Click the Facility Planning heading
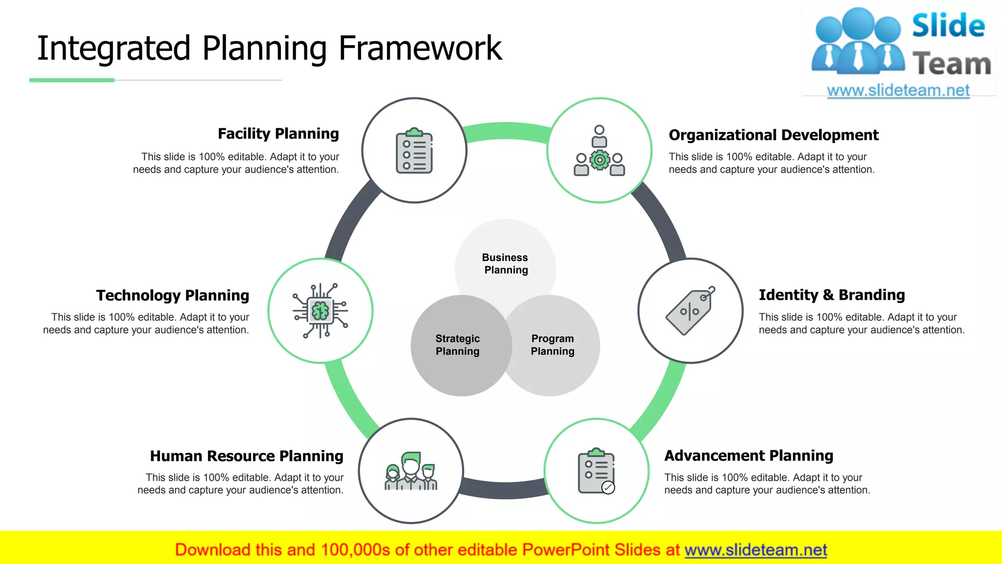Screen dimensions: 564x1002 278,134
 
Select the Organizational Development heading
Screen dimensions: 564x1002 773,135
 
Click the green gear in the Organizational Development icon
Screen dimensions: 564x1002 599,160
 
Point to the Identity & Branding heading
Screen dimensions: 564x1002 831,295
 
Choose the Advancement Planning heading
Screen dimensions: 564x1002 748,455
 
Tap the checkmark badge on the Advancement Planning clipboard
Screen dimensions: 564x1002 608,488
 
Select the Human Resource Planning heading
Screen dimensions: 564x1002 247,456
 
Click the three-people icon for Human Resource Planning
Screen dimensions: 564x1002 411,471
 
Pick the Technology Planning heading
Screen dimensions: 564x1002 173,295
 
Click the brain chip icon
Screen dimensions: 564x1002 320,311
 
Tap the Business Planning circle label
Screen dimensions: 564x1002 505,263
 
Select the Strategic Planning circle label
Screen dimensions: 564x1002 457,345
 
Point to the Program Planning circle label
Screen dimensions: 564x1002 552,345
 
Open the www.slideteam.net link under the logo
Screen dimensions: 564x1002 898,90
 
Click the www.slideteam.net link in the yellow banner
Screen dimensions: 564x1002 755,550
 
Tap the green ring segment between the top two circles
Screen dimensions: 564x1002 506,131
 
